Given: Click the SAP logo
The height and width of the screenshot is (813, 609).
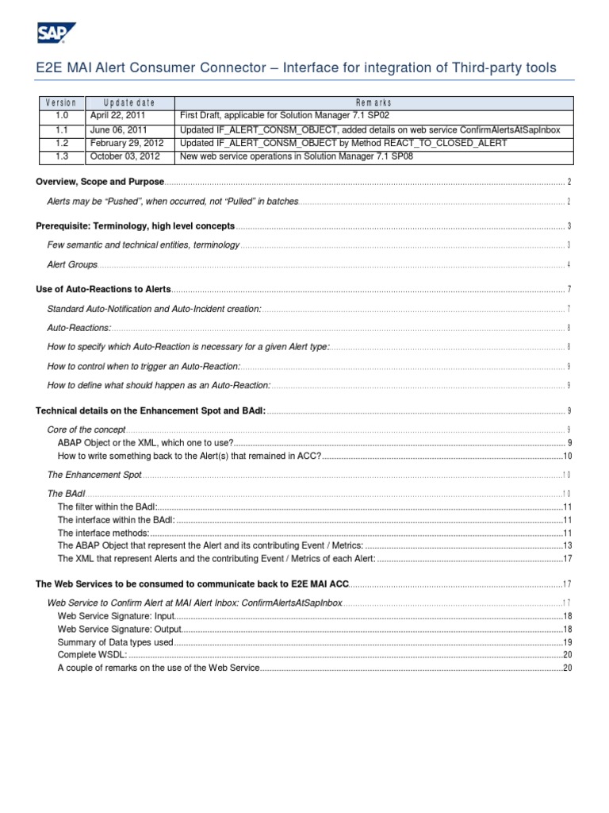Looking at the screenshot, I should click(55, 33).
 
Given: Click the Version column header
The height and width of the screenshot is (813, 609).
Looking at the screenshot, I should click(62, 103).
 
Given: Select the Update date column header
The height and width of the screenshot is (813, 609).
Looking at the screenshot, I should click(129, 103).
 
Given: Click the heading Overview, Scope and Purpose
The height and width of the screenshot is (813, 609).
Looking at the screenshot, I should click(100, 183).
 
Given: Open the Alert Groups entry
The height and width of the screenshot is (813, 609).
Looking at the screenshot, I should click(72, 264).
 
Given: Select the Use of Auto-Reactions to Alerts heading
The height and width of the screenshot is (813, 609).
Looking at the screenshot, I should click(104, 289).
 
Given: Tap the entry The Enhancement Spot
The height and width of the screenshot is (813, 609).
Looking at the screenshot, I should click(94, 475).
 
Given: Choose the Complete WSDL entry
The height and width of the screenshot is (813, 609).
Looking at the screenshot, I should click(92, 655).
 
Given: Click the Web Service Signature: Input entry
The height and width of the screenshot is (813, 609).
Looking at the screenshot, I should click(115, 617).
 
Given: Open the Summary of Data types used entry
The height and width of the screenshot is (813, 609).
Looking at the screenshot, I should click(115, 642).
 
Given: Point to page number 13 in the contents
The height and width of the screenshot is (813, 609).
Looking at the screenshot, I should click(567, 546).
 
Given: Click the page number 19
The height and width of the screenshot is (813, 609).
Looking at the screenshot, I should click(567, 642).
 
